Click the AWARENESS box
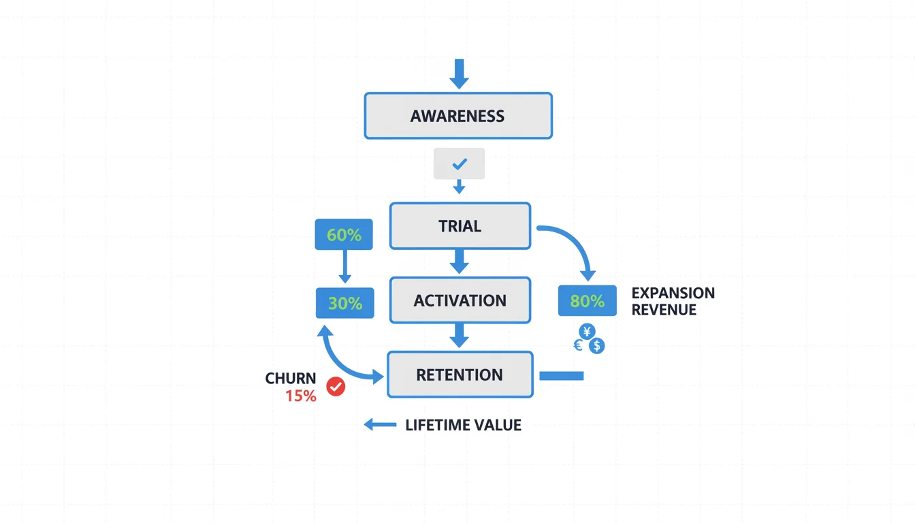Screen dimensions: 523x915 pyautogui.click(x=458, y=116)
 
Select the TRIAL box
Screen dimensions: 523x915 pyautogui.click(x=460, y=226)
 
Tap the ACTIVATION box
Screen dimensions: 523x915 pyautogui.click(x=460, y=300)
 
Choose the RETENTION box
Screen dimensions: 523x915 pyautogui.click(x=460, y=375)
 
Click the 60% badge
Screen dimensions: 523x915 pyautogui.click(x=344, y=235)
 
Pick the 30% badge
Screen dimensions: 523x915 pyautogui.click(x=344, y=303)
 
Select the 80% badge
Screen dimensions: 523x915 pyautogui.click(x=587, y=301)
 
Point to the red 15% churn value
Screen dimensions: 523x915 pyautogui.click(x=301, y=396)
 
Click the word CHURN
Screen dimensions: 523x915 pyautogui.click(x=291, y=379)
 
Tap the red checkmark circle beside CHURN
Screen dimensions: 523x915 pyautogui.click(x=336, y=387)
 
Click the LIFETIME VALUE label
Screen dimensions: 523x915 pyautogui.click(x=463, y=426)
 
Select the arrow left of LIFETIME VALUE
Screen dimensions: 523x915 pyautogui.click(x=379, y=425)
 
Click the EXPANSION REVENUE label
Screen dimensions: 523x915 pyautogui.click(x=673, y=301)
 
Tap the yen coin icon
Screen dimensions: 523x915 pyautogui.click(x=587, y=332)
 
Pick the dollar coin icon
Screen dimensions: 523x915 pyautogui.click(x=596, y=346)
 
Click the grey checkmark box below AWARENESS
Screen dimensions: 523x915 pyautogui.click(x=459, y=163)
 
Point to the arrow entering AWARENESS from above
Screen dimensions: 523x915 pyautogui.click(x=459, y=73)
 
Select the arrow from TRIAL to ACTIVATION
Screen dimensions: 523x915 pyautogui.click(x=460, y=261)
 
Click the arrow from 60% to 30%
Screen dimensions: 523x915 pyautogui.click(x=344, y=266)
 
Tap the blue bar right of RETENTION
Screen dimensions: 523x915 pyautogui.click(x=561, y=375)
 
